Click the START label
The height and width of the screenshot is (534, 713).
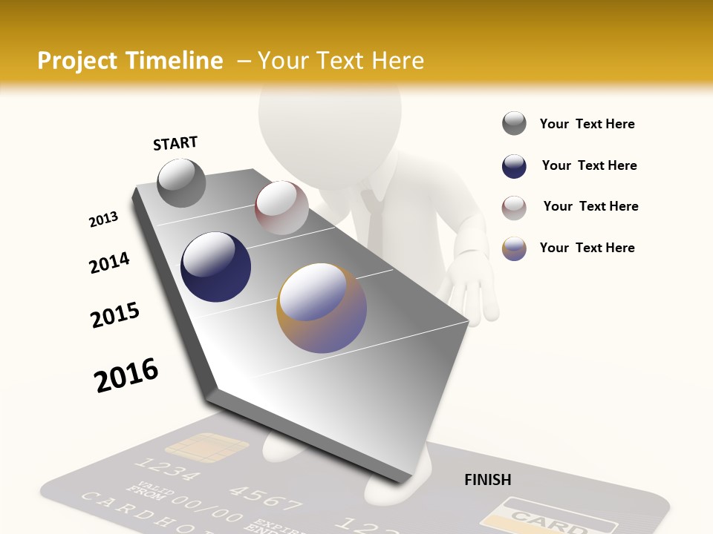(x=175, y=143)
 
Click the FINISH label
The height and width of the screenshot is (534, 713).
(x=487, y=480)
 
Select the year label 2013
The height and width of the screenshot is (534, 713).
(x=103, y=220)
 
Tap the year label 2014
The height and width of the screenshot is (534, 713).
(x=109, y=263)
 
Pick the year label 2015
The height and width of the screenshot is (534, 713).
(x=115, y=315)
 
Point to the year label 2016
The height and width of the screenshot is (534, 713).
(x=126, y=375)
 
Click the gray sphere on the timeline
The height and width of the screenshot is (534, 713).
(x=181, y=183)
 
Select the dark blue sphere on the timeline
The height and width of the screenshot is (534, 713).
(x=215, y=267)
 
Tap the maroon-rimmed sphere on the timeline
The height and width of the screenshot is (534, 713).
(x=281, y=208)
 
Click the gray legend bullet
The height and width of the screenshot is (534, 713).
(x=514, y=124)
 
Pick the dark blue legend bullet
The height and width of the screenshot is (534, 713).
(x=514, y=166)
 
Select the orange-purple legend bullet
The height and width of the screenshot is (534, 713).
(x=514, y=248)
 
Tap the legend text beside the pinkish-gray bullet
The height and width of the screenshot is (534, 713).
(x=590, y=206)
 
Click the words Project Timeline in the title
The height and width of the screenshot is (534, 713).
(x=130, y=61)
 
